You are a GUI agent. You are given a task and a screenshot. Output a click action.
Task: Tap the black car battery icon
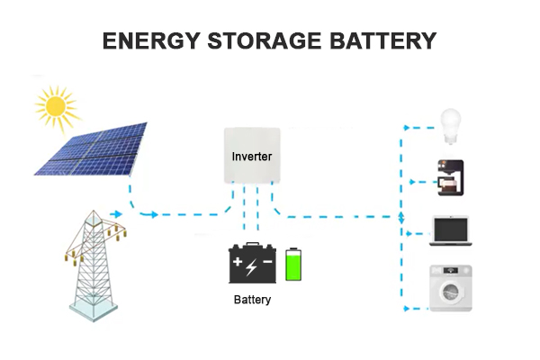tap(252, 264)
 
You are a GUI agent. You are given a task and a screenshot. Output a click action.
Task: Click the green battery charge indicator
tap(292, 265)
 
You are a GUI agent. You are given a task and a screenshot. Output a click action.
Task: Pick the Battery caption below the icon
tap(251, 299)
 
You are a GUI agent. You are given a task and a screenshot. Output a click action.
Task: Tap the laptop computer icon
tap(450, 229)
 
